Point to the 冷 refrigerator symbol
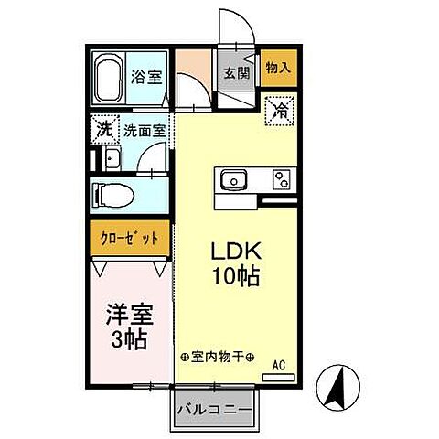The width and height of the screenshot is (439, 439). (x=278, y=112)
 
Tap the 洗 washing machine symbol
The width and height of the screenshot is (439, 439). (x=104, y=130)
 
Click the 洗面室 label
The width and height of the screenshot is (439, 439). (x=145, y=131)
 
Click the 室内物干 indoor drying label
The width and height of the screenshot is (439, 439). (x=218, y=357)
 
